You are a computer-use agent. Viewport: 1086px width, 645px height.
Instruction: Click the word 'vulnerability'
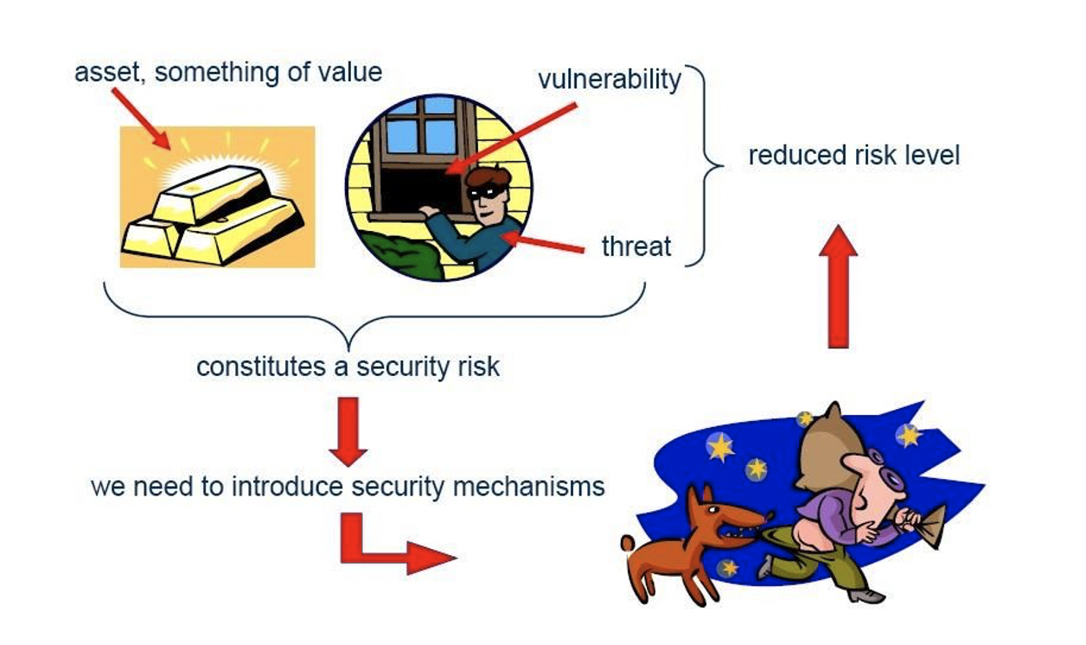point(610,80)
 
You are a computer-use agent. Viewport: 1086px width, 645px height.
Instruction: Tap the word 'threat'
point(636,246)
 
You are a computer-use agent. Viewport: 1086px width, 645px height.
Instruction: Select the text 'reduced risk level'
point(853,156)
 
